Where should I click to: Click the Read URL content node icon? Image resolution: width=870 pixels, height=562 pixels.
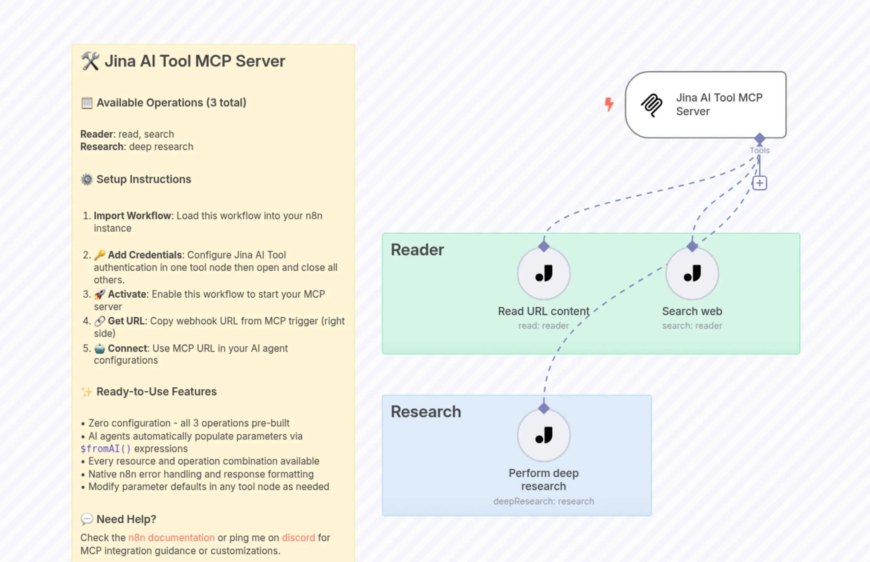pyautogui.click(x=543, y=273)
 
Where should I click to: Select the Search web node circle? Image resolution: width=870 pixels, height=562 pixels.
pyautogui.click(x=692, y=273)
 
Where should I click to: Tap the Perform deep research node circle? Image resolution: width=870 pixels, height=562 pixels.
pyautogui.click(x=543, y=435)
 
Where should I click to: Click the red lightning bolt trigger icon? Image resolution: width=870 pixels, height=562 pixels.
pyautogui.click(x=609, y=104)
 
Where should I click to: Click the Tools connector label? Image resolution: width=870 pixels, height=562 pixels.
pyautogui.click(x=759, y=150)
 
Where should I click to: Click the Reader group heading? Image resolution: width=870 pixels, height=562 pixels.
pyautogui.click(x=417, y=250)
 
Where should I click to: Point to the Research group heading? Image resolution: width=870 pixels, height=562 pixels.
pyautogui.click(x=426, y=412)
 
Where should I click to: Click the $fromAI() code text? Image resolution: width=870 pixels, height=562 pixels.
pyautogui.click(x=106, y=448)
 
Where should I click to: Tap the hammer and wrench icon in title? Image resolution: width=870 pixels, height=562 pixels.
pyautogui.click(x=90, y=61)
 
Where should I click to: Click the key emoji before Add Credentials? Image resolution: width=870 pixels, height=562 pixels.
pyautogui.click(x=100, y=255)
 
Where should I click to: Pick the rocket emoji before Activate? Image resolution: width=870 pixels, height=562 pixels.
pyautogui.click(x=100, y=294)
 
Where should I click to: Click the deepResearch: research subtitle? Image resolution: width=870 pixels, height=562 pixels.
pyautogui.click(x=543, y=501)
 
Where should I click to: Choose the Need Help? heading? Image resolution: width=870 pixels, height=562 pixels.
pyautogui.click(x=126, y=519)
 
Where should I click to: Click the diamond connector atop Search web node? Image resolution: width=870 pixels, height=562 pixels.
pyautogui.click(x=692, y=246)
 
